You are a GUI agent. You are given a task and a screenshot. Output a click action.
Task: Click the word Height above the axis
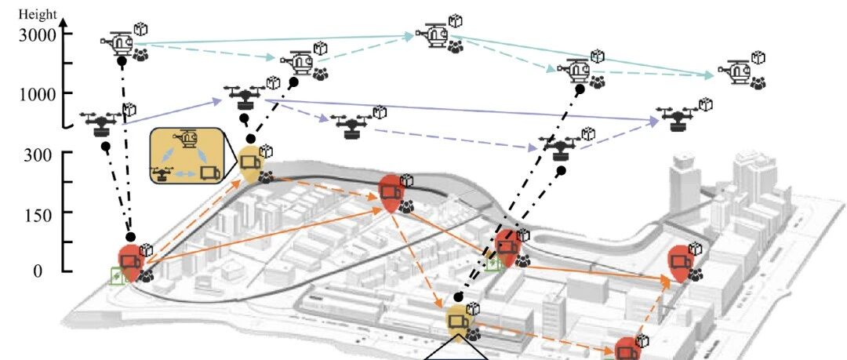tap(38, 15)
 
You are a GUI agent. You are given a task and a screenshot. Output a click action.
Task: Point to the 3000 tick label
tap(38, 35)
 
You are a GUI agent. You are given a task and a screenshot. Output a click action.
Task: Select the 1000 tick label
tap(38, 95)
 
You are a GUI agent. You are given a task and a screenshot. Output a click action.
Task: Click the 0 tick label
tap(38, 271)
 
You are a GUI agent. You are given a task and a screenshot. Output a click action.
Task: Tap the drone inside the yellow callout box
tap(160, 173)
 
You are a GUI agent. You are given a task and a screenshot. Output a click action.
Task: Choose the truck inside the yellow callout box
tap(210, 173)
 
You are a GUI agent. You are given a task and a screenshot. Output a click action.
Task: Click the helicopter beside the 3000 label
tap(118, 42)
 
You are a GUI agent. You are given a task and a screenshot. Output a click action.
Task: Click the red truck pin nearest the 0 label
tap(130, 262)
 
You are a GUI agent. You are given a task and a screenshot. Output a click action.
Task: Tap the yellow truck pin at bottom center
tap(458, 321)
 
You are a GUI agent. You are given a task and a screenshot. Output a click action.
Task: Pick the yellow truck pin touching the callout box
tap(250, 162)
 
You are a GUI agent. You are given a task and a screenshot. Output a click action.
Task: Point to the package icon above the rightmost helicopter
tap(758, 57)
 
